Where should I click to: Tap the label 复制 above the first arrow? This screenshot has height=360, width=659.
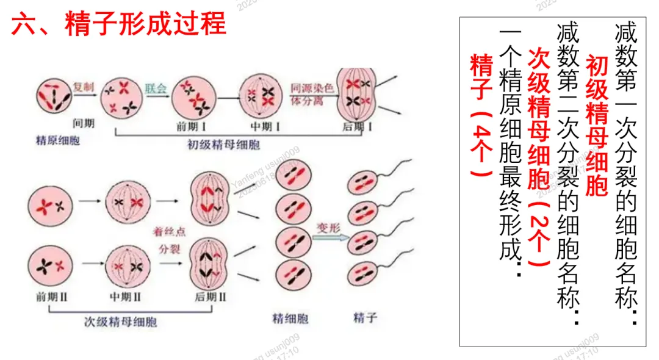point(84,87)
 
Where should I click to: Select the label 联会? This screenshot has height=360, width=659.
point(156,87)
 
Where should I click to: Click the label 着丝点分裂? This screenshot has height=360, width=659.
point(170,240)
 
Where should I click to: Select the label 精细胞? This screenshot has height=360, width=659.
point(290,319)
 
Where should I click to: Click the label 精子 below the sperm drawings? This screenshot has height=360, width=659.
point(366,318)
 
